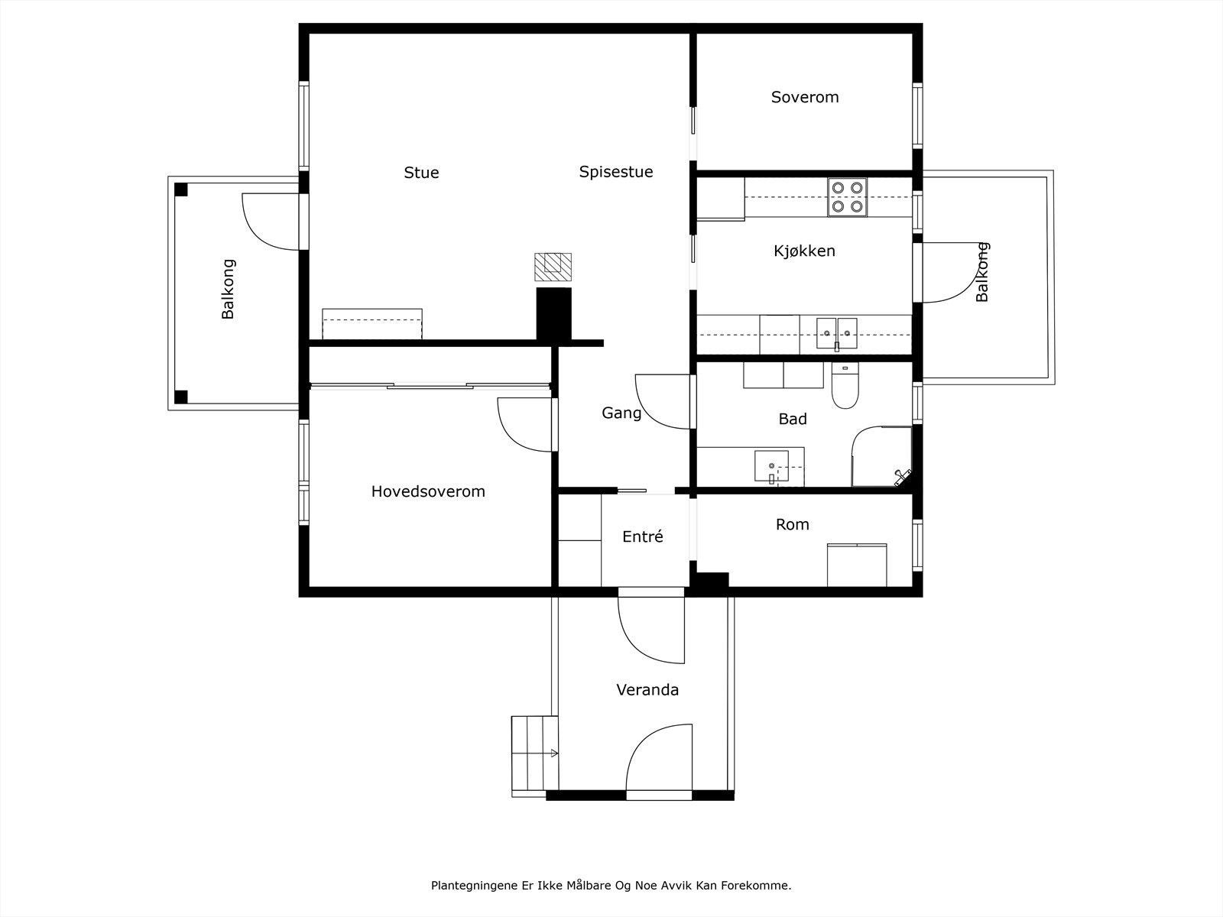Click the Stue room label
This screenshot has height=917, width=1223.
click(421, 173)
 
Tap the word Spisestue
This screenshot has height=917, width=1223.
click(615, 172)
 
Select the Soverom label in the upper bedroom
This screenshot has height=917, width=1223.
click(805, 97)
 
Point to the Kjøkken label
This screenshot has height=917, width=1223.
click(804, 251)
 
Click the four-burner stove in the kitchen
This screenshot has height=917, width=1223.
click(847, 197)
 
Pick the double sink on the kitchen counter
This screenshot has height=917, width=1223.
click(836, 334)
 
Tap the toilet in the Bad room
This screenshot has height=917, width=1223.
click(845, 385)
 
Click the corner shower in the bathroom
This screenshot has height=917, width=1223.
click(882, 456)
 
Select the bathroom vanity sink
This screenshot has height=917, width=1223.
click(772, 466)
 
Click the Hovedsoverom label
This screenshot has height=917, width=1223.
click(428, 491)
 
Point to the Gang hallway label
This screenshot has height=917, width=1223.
click(621, 413)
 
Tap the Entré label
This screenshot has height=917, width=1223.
click(642, 536)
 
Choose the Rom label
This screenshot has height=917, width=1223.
click(793, 524)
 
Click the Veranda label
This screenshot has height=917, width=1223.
click(647, 690)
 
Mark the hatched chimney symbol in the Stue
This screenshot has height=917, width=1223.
click(553, 267)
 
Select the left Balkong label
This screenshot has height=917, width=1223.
click(228, 289)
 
